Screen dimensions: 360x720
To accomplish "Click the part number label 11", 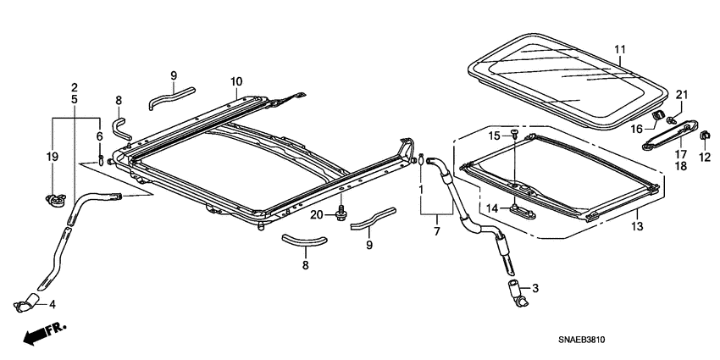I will tap(619, 50).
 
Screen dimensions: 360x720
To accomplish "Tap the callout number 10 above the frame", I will tap(235, 81).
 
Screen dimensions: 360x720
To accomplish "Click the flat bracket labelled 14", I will tap(521, 209).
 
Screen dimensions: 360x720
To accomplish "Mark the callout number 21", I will tap(682, 94).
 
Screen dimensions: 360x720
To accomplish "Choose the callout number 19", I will tap(52, 156).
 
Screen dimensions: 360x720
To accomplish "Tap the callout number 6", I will tap(99, 136).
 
